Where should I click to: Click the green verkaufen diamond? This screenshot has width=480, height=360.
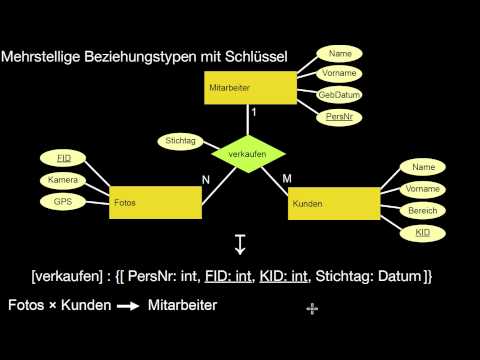(x=249, y=155)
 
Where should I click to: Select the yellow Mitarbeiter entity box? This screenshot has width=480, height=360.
(x=251, y=87)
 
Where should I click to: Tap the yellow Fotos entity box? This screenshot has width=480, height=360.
(x=156, y=201)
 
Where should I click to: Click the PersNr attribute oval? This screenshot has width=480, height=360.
(x=339, y=116)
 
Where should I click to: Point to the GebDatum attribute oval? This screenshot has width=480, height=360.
(x=339, y=95)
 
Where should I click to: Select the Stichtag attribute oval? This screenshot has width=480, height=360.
(x=180, y=142)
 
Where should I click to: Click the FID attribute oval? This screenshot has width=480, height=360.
(x=64, y=158)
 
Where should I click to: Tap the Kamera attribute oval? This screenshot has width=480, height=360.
(x=64, y=180)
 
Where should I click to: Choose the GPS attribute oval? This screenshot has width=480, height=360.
(x=64, y=201)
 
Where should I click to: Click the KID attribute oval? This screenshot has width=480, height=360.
(x=422, y=232)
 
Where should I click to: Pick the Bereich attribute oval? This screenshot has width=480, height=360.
(x=422, y=210)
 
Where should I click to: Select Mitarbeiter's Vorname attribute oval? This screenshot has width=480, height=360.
(x=339, y=73)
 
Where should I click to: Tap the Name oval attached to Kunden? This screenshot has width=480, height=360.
(x=422, y=168)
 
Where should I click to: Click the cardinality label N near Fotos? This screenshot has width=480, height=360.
(x=204, y=180)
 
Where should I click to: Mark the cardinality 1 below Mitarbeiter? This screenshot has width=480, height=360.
(x=255, y=113)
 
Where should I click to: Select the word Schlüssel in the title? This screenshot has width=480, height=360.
(x=256, y=58)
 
